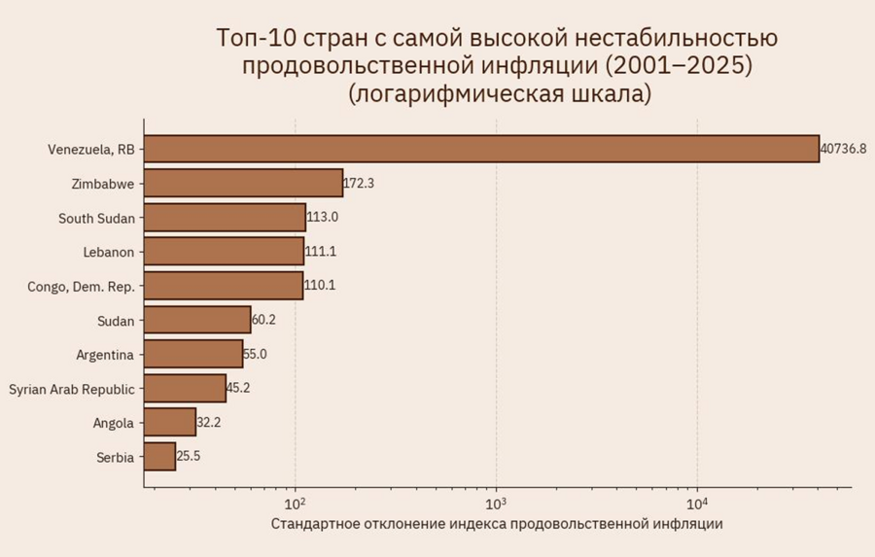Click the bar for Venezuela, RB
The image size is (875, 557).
point(481,149)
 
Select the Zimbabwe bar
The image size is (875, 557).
point(243,183)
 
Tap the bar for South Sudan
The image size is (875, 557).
point(225,217)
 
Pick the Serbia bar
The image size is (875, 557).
point(159,456)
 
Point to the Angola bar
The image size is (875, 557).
point(169,422)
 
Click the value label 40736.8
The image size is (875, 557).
point(843,149)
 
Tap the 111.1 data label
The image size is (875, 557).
point(320,252)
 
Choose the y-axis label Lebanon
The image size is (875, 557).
point(109,252)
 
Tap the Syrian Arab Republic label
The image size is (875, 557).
point(72,389)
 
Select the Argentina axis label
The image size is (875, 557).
point(105,354)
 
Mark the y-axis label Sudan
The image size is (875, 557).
point(116,320)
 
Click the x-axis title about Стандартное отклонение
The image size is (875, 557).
point(497,524)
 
